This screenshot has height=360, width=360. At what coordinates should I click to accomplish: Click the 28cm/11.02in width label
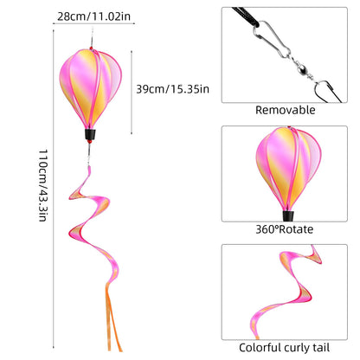click(93, 16)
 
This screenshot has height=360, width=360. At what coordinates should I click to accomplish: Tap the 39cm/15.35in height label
click(172, 89)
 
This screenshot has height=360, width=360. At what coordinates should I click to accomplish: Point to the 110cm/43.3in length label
click(42, 185)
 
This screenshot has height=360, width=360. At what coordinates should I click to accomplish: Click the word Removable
click(286, 110)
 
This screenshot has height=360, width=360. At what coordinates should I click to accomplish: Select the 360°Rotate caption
click(285, 229)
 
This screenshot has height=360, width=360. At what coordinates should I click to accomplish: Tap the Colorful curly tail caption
click(284, 348)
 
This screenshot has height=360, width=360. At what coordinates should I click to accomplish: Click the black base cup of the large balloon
click(90, 134)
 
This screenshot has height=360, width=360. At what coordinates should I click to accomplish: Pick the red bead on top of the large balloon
click(91, 48)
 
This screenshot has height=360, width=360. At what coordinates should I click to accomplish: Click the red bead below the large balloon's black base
click(89, 142)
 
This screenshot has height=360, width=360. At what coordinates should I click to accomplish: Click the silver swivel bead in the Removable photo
click(301, 69)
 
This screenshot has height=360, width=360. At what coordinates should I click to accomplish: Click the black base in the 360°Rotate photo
click(288, 215)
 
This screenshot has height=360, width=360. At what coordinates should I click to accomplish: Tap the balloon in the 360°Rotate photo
click(288, 169)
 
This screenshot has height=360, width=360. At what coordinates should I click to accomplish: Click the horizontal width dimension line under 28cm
click(93, 23)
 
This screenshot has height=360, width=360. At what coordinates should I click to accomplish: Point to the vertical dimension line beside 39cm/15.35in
click(132, 93)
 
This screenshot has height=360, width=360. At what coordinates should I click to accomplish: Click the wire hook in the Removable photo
click(325, 91)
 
